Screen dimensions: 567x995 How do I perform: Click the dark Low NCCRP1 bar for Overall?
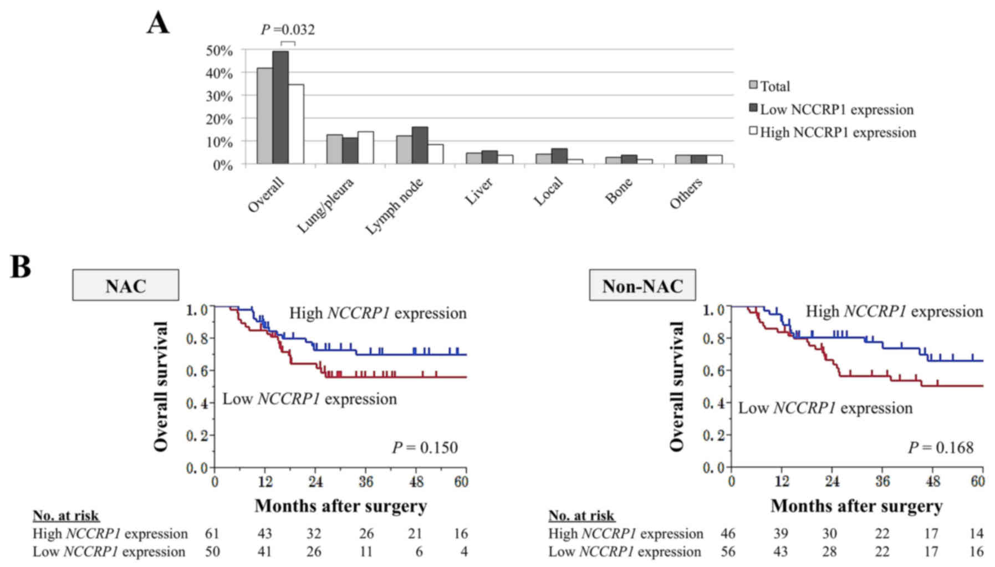(x=280, y=108)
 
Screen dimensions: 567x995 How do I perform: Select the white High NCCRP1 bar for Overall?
(x=296, y=124)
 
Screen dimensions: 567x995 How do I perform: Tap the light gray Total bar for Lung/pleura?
(x=334, y=149)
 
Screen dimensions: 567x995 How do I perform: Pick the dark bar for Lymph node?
(x=420, y=145)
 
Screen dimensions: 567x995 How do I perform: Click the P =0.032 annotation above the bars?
(x=288, y=30)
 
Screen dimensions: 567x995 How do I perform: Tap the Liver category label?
(x=478, y=191)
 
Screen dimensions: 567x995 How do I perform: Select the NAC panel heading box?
(x=126, y=285)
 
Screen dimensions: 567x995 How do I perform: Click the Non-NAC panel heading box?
(x=642, y=285)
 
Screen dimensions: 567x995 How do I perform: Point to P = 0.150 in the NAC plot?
(x=425, y=447)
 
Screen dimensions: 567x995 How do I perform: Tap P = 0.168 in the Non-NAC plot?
(x=940, y=447)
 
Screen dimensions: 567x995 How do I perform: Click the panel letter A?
(x=158, y=24)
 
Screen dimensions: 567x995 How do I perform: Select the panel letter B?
(x=21, y=267)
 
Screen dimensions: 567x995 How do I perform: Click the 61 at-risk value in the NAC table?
(x=212, y=534)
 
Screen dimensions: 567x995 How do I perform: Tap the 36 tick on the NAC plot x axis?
(x=365, y=482)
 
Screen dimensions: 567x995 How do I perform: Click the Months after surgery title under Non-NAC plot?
(x=856, y=506)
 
